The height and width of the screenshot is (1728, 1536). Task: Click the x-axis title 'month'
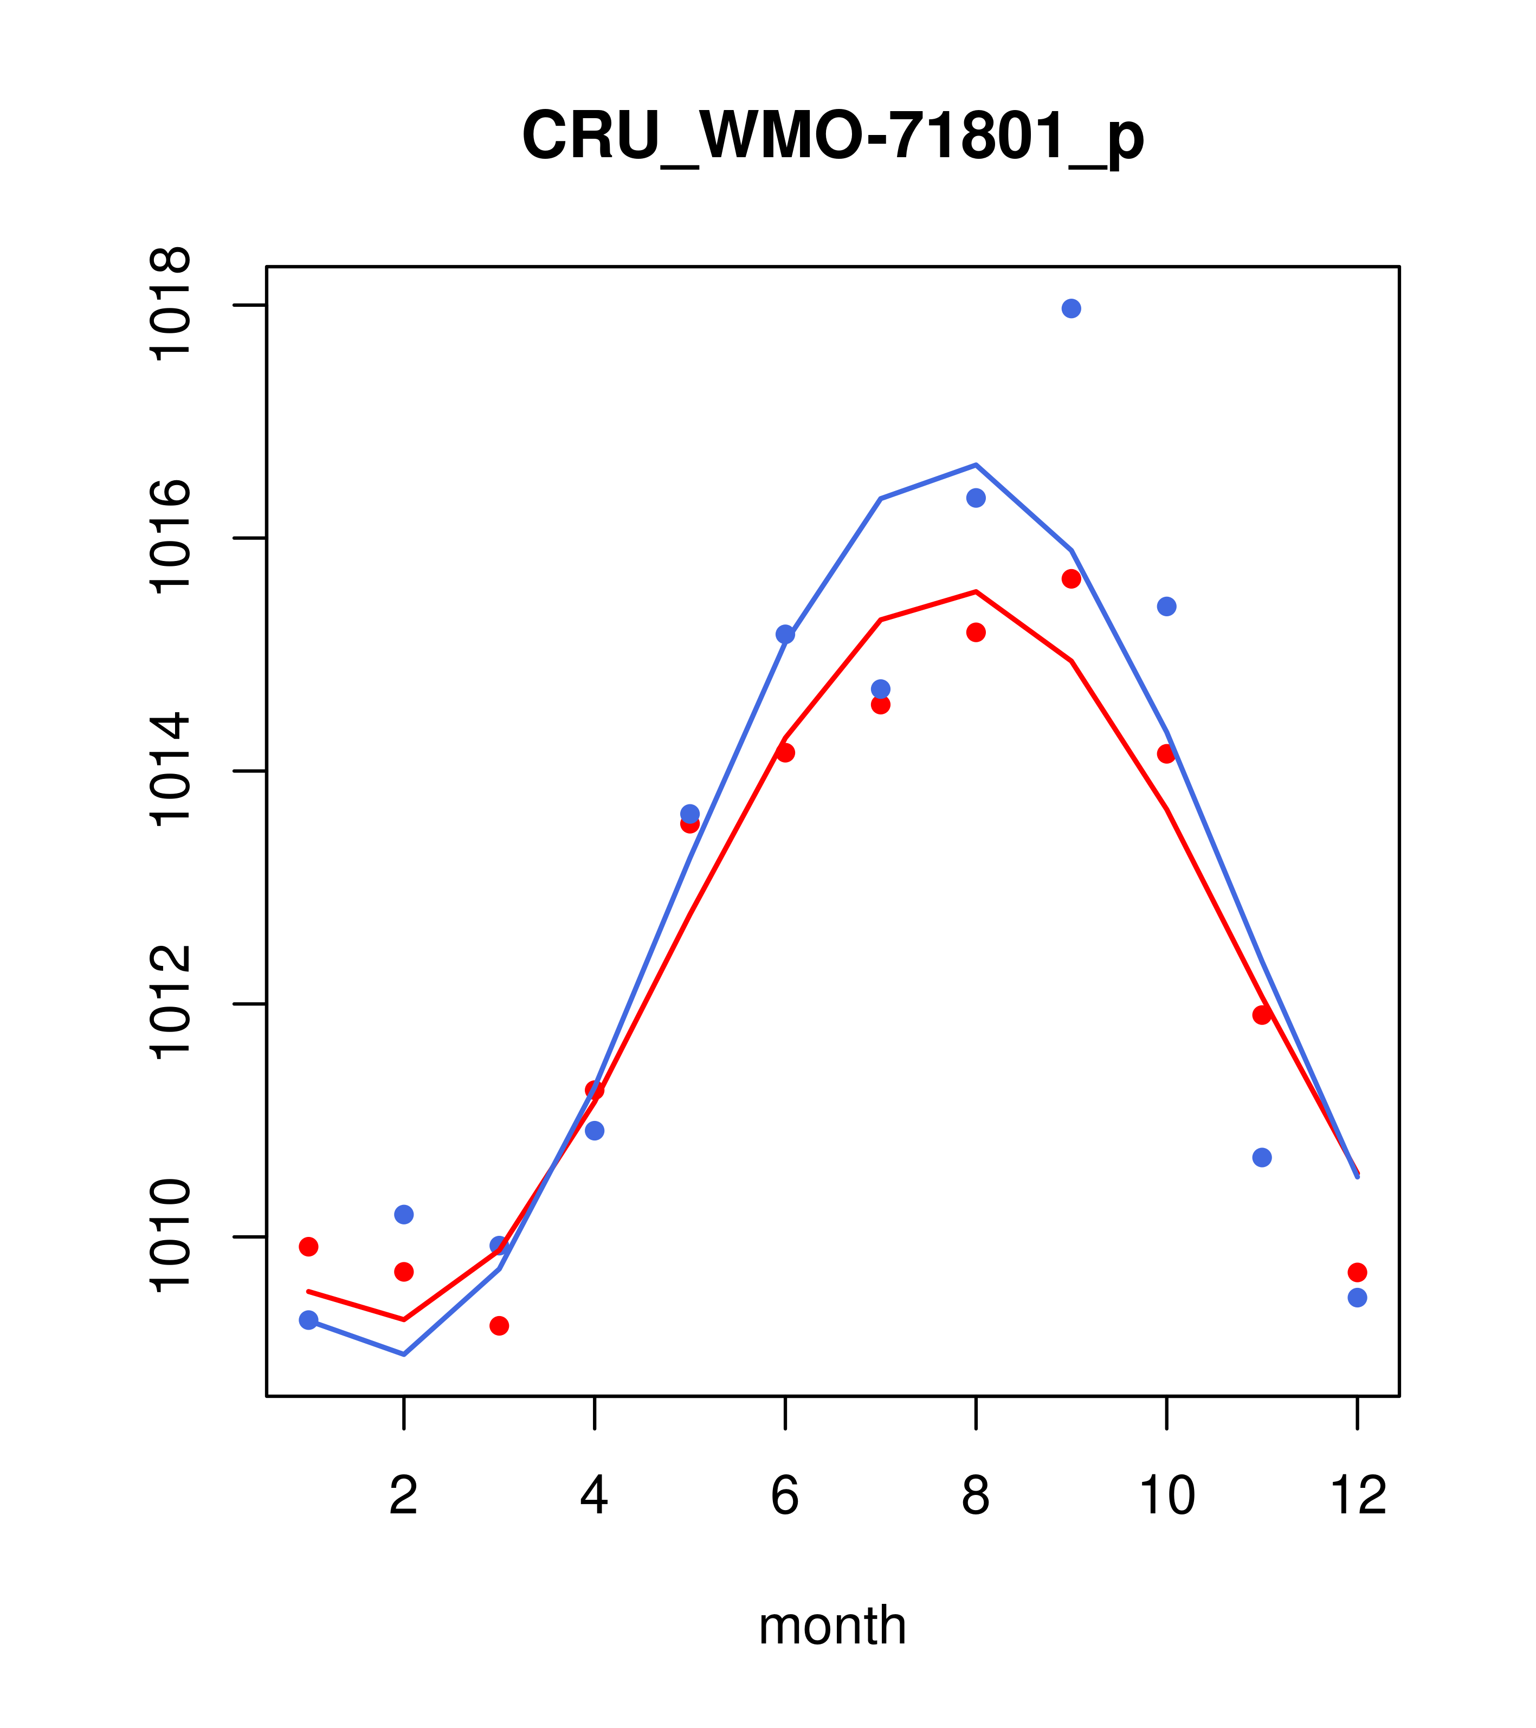(x=832, y=1626)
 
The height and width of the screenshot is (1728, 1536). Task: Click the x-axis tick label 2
(x=404, y=1495)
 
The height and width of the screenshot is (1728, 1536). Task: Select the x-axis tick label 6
(x=785, y=1495)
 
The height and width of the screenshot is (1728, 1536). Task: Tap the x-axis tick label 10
(x=1166, y=1495)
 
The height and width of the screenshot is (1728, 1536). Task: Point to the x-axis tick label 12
(x=1358, y=1495)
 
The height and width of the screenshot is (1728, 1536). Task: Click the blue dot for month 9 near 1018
(x=1071, y=308)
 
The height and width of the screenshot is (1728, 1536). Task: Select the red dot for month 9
(x=1071, y=579)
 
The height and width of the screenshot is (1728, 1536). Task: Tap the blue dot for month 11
(x=1262, y=1157)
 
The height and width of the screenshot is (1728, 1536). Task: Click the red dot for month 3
(x=500, y=1326)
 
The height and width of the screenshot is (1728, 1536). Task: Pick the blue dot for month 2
(x=404, y=1214)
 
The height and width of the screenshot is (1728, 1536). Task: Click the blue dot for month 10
(x=1166, y=606)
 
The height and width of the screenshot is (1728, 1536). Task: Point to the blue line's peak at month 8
(x=976, y=465)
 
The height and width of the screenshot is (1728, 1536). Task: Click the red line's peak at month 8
(x=976, y=592)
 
